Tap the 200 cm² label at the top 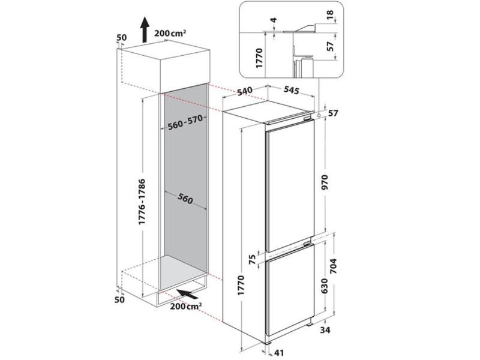170,33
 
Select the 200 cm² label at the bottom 186,306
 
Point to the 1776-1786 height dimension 142,202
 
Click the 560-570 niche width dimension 185,122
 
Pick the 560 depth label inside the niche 185,199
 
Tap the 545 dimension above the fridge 291,91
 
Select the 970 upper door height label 325,182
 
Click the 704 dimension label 334,266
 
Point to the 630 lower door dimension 325,286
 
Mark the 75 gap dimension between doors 252,260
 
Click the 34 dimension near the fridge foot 325,331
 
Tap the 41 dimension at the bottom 278,353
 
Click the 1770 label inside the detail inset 259,58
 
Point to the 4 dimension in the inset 274,20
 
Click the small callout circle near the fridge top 319,115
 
